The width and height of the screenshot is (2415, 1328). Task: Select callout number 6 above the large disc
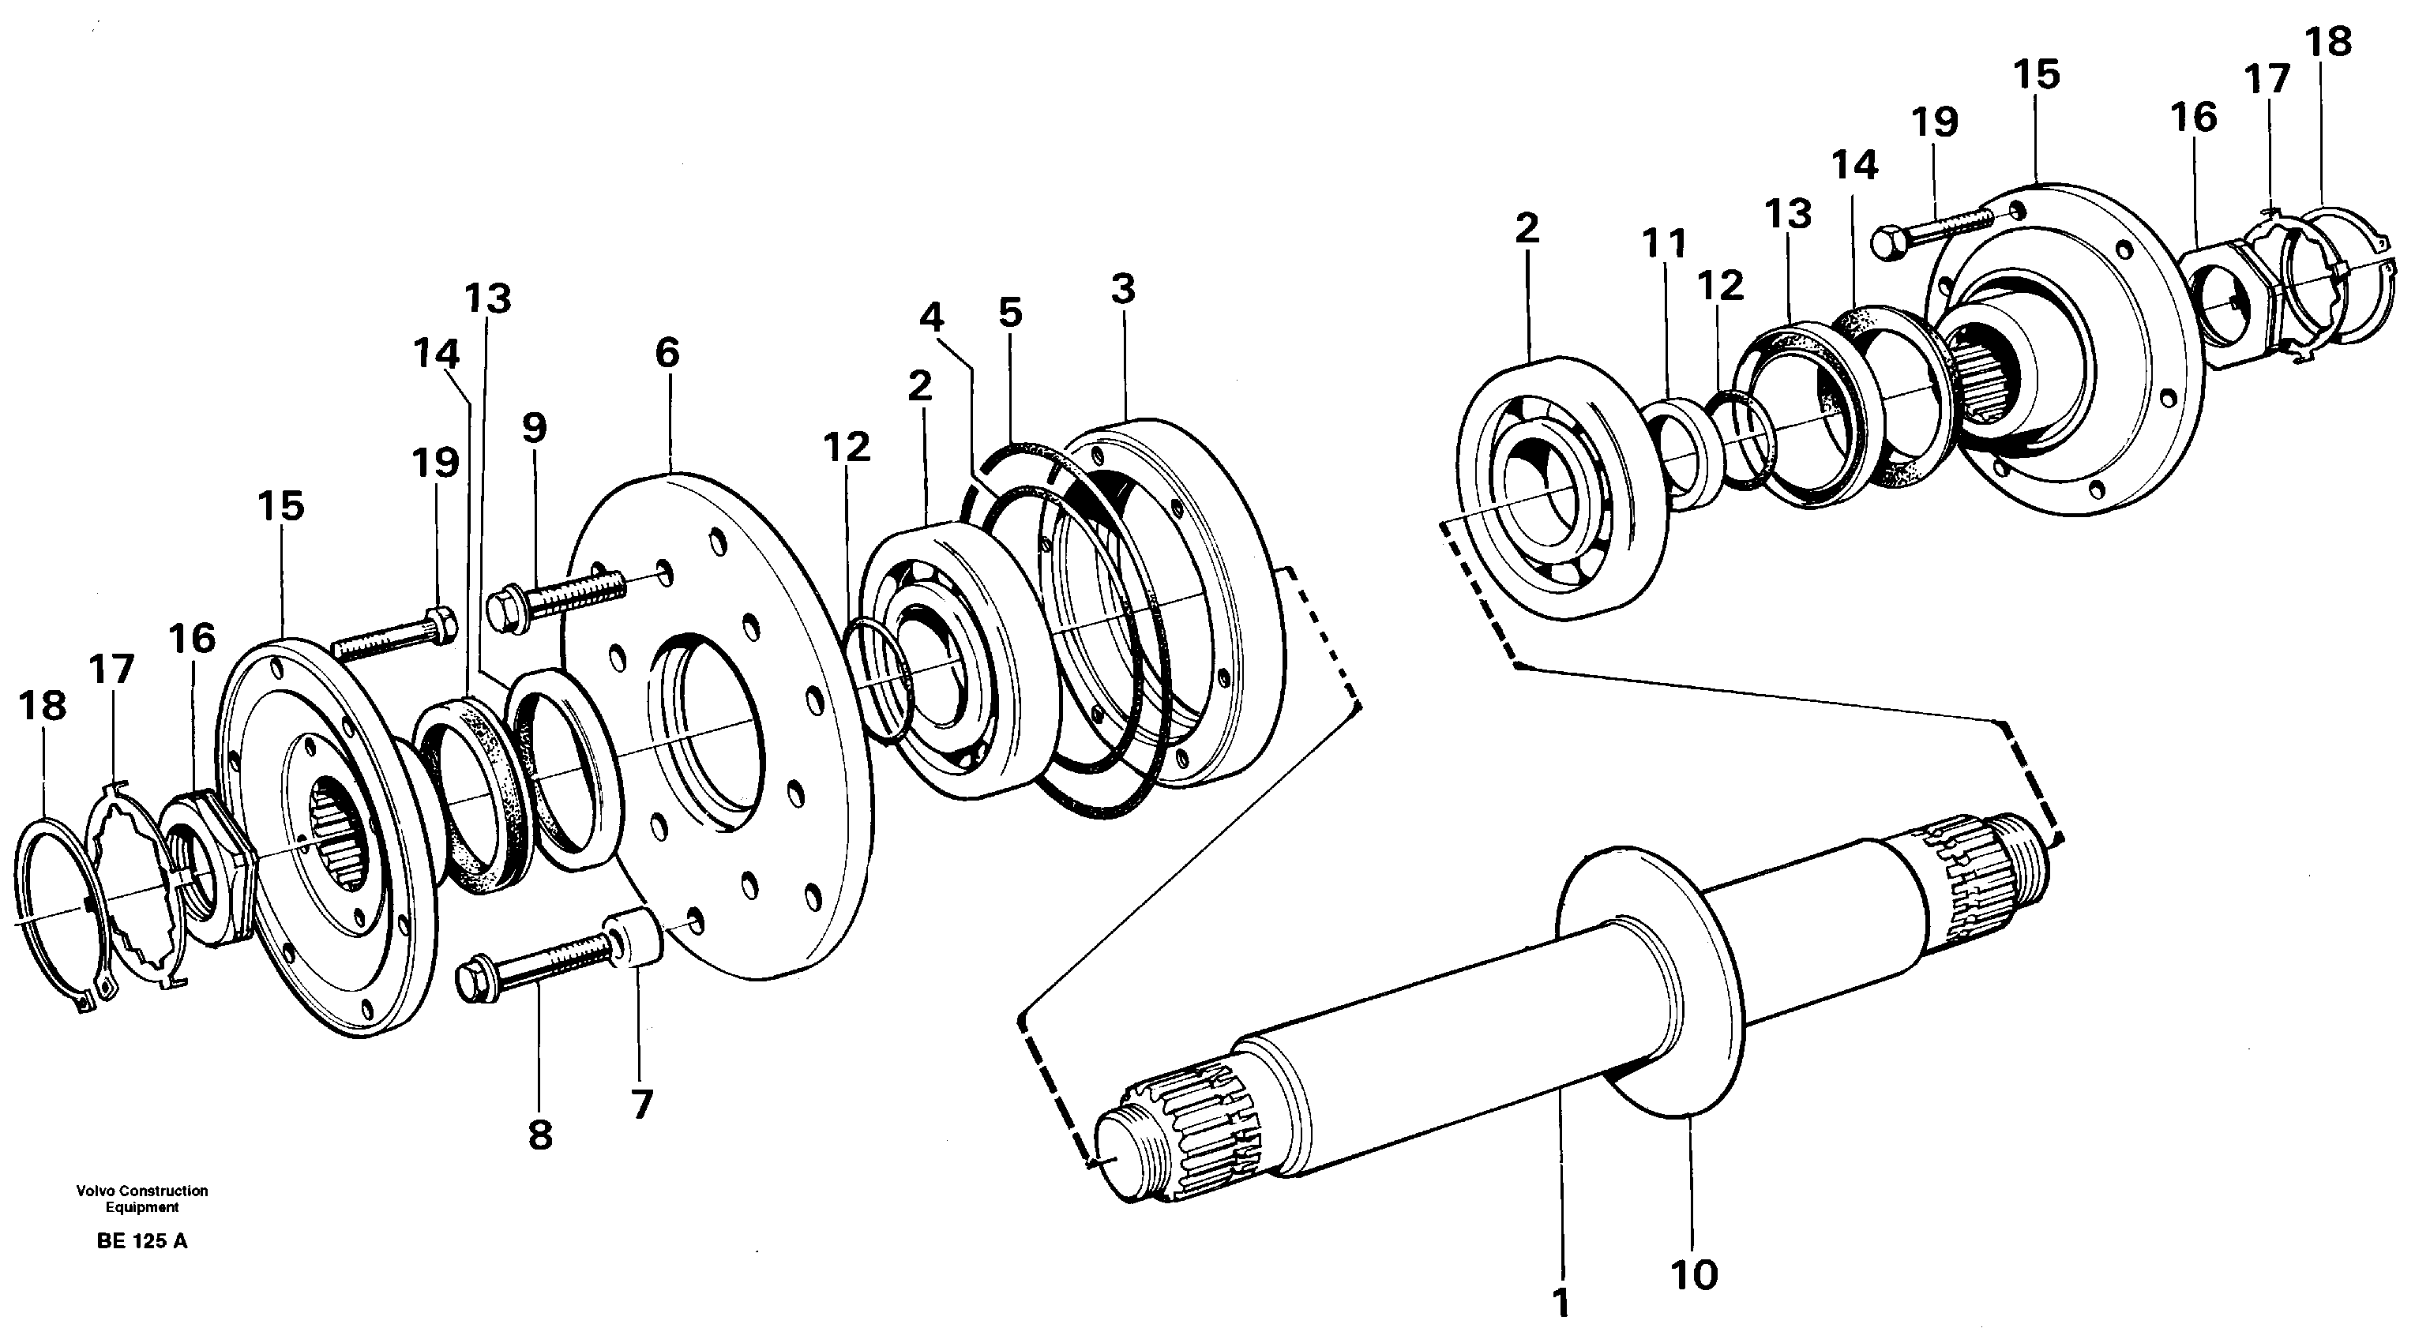click(667, 354)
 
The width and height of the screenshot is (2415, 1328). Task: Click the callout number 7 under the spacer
click(641, 1104)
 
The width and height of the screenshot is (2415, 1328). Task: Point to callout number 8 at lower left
click(540, 1136)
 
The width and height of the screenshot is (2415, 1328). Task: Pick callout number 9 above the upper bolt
click(533, 428)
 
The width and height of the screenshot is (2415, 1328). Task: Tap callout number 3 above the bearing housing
click(1123, 289)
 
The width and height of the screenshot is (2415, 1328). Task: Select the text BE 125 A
click(141, 1242)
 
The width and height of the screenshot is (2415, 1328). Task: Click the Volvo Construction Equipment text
click(142, 1199)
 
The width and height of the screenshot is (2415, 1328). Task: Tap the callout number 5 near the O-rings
click(1010, 313)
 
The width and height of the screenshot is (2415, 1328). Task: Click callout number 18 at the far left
click(43, 706)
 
